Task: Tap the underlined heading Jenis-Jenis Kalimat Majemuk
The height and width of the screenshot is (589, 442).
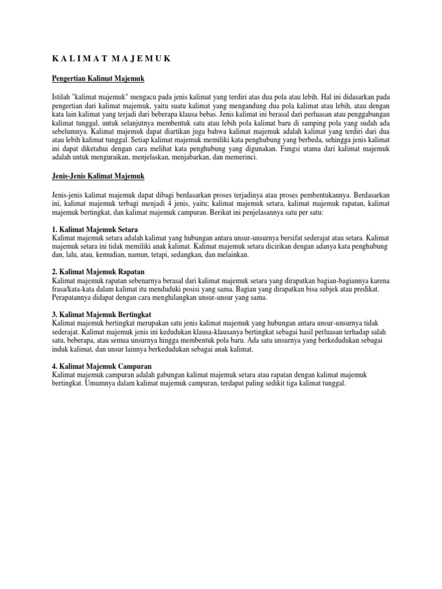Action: [x=98, y=175]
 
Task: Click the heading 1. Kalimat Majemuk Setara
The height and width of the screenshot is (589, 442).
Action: [x=95, y=230]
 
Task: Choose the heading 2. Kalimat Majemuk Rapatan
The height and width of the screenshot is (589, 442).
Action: [x=98, y=271]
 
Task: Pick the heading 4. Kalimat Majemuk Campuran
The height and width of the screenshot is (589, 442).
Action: [x=101, y=366]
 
